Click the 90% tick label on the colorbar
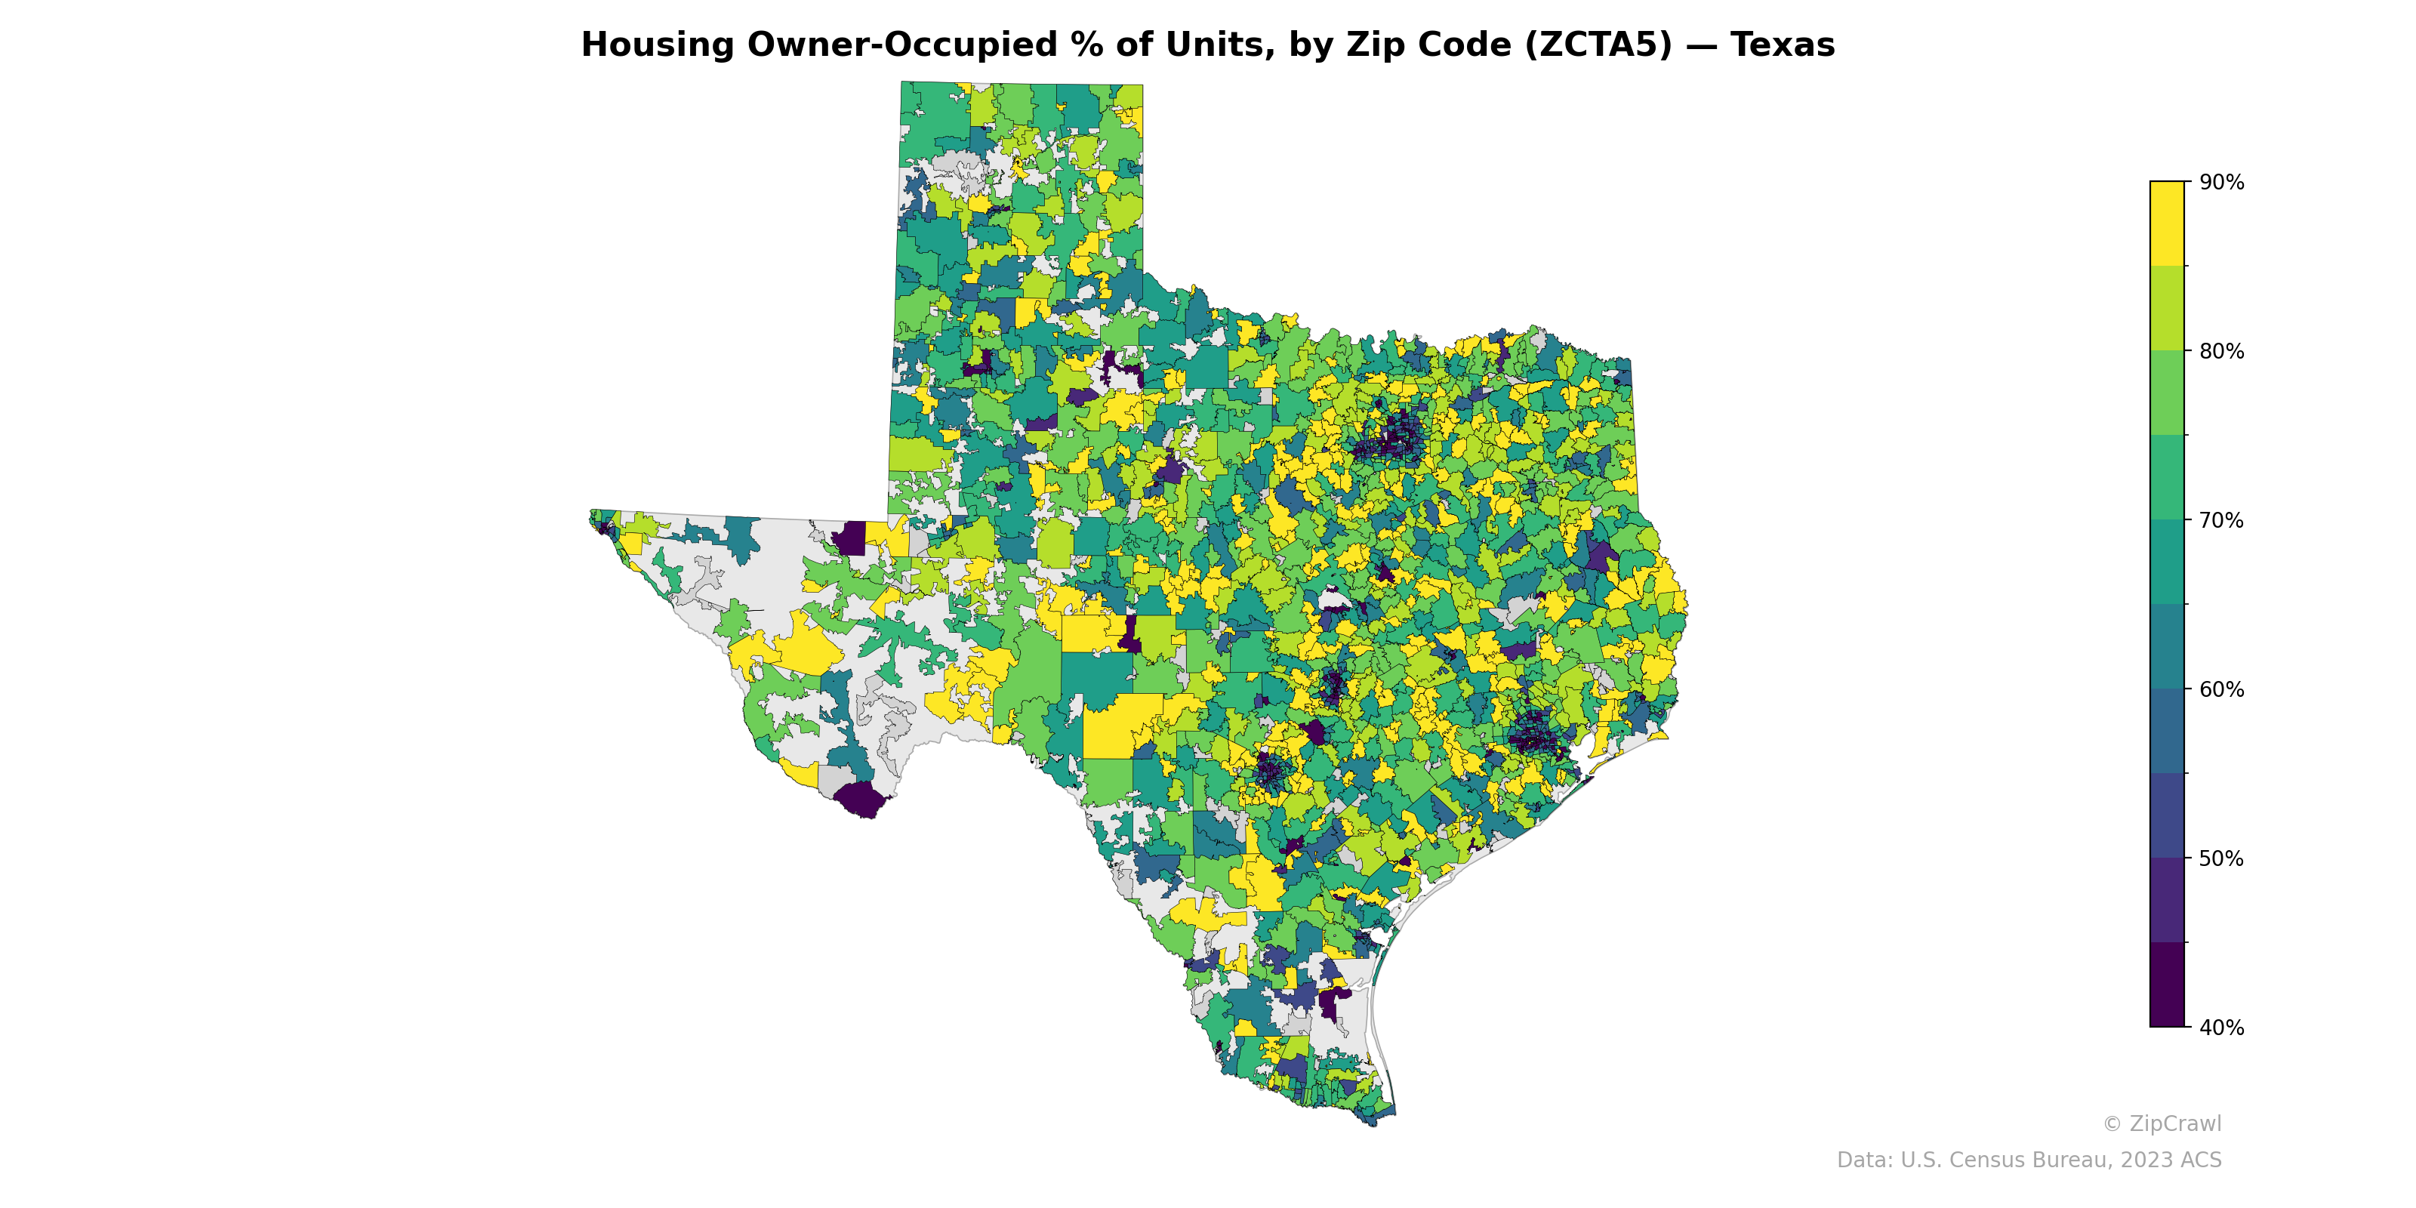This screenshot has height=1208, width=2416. click(x=2221, y=183)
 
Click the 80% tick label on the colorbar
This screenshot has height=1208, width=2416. click(x=2221, y=352)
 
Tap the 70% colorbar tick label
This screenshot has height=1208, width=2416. click(x=2221, y=520)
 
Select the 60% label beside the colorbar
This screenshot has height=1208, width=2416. click(x=2221, y=689)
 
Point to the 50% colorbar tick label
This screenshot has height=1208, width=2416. click(x=2221, y=858)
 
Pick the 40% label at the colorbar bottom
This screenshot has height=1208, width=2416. click(x=2221, y=1028)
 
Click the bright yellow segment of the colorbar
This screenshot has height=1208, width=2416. click(x=2167, y=223)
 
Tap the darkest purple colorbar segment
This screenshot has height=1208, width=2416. click(x=2167, y=985)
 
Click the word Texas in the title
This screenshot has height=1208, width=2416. click(x=1782, y=45)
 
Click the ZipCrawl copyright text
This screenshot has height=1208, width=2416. click(x=2161, y=1123)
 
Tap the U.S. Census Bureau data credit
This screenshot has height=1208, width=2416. click(x=2029, y=1160)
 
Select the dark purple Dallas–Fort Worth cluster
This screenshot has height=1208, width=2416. click(x=1394, y=439)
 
